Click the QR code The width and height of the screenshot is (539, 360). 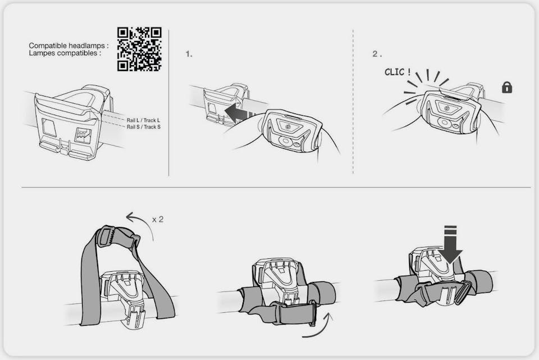(139, 49)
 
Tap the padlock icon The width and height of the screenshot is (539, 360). (507, 88)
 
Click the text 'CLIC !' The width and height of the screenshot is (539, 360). (398, 72)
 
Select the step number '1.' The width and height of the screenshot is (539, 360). (189, 54)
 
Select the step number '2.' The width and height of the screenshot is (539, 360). (377, 54)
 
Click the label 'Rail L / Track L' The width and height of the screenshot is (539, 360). (143, 120)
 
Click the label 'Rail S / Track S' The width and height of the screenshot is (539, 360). (143, 127)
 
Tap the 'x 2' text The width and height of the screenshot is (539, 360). (158, 220)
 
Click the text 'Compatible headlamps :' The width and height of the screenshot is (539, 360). (68, 45)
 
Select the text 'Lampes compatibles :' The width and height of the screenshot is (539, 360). (65, 53)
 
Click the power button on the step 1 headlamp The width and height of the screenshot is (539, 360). (288, 127)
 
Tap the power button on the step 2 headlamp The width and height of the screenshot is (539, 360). (446, 108)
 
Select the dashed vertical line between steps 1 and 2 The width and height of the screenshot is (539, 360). (353, 102)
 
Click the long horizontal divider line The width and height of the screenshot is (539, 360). (276, 188)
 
